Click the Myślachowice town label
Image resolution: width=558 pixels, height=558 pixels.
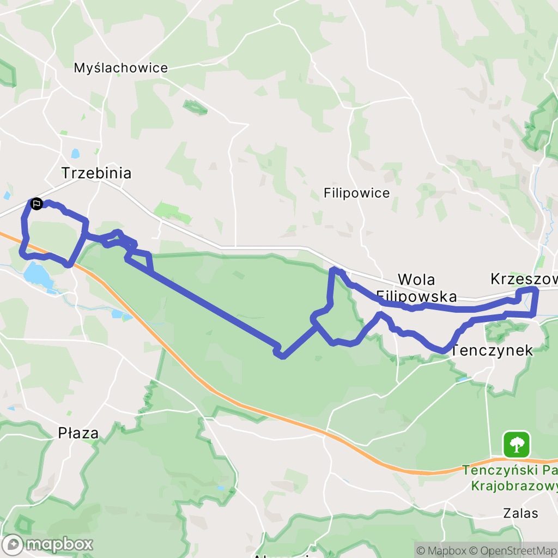click(121, 68)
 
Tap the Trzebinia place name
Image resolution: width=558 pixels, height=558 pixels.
click(96, 173)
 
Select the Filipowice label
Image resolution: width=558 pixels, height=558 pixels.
click(356, 193)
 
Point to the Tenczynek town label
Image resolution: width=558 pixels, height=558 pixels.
click(492, 350)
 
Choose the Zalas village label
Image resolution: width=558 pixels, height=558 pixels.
click(520, 513)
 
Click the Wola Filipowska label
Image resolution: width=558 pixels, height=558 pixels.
click(416, 288)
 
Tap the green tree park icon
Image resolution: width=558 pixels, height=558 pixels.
click(516, 444)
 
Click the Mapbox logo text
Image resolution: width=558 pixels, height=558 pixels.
click(59, 544)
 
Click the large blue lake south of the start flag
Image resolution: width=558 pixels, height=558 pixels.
click(38, 274)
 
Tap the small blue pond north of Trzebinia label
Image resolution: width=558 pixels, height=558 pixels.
click(75, 154)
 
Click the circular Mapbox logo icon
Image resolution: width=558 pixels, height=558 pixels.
click(13, 544)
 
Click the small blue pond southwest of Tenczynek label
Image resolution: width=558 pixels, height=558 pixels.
click(462, 378)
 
